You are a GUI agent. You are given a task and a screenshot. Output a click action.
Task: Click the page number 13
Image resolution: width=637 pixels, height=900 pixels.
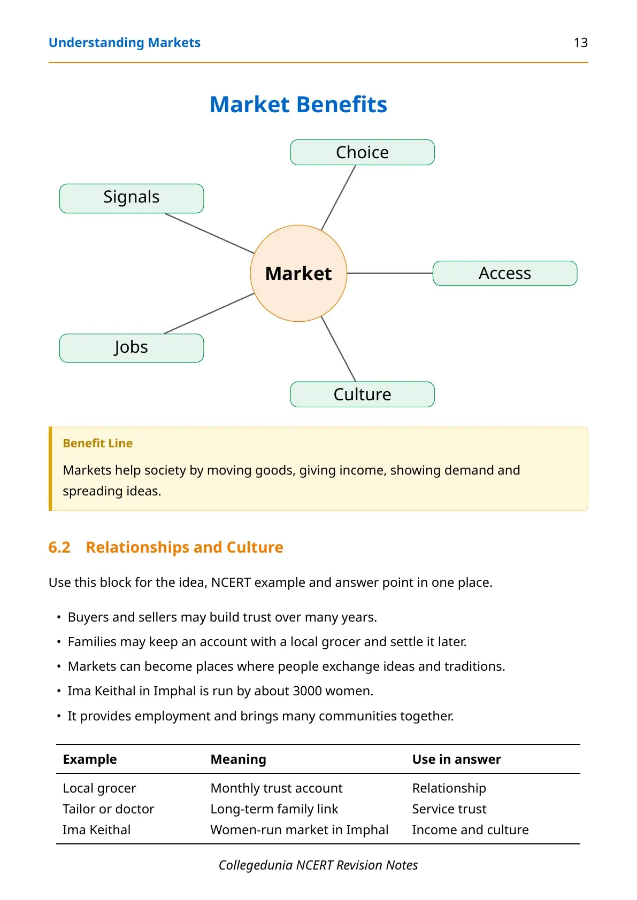pos(580,43)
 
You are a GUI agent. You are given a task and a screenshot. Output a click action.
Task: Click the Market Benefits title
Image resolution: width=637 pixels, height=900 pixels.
pos(298,104)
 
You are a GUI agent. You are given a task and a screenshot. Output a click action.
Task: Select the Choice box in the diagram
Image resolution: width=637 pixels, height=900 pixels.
pos(362,152)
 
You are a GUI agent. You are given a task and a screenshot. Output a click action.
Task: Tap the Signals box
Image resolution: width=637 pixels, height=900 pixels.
pos(132,198)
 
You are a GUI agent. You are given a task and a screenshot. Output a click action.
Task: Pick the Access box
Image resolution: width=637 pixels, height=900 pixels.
pos(505,273)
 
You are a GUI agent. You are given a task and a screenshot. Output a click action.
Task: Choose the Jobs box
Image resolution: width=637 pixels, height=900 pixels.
pos(132,348)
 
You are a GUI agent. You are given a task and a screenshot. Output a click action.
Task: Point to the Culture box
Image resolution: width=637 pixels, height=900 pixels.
pos(362,394)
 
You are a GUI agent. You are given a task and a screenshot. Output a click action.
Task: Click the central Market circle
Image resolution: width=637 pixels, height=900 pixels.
pos(298,273)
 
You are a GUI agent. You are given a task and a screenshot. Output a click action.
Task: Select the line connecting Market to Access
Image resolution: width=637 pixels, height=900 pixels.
pos(390,273)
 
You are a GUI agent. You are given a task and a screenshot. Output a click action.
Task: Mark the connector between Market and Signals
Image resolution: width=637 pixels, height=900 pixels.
pos(209,233)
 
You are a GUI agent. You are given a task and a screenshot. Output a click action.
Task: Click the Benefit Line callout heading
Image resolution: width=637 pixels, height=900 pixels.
pos(98,443)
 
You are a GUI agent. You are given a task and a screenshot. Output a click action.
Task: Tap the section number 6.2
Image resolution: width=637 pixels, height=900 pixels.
pos(59,547)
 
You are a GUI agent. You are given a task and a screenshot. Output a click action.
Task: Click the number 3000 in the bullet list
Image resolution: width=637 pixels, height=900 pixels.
pos(307,690)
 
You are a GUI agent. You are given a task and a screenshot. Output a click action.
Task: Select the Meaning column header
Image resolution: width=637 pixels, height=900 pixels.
pos(238,759)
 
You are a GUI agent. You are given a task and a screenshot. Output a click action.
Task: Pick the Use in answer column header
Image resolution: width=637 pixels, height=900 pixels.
pos(456,759)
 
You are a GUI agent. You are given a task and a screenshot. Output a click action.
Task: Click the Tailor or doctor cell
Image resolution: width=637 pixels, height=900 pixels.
pos(108,809)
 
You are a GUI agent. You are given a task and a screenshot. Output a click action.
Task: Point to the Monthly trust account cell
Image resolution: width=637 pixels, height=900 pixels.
pos(277,788)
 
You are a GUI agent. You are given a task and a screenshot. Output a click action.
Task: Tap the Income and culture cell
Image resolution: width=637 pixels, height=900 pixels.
pos(470,829)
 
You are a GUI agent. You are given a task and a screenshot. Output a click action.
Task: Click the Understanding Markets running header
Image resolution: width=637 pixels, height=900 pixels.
pos(124,43)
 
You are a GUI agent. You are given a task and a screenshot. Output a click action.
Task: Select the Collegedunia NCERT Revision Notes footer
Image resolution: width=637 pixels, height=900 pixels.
pos(318,865)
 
